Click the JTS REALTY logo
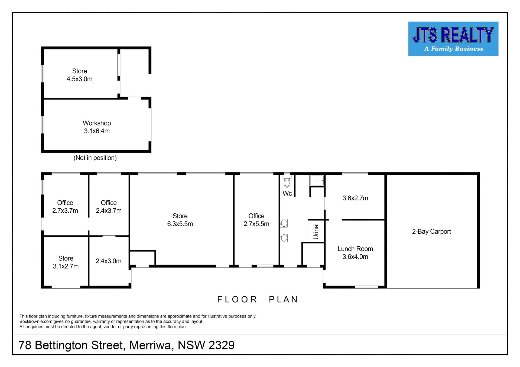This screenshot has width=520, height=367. (x=453, y=39)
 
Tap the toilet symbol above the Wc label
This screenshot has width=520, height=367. (x=287, y=181)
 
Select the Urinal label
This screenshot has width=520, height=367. (x=316, y=231)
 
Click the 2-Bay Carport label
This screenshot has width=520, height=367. (x=431, y=232)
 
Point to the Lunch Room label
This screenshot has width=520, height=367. (x=355, y=249)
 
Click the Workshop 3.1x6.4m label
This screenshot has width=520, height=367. (x=97, y=127)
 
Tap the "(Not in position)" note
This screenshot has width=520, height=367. (x=95, y=158)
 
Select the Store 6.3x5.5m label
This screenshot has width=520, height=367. (x=180, y=220)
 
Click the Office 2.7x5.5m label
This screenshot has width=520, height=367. (x=256, y=220)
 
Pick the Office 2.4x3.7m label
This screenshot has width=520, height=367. (x=109, y=207)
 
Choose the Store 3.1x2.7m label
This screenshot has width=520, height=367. (x=66, y=262)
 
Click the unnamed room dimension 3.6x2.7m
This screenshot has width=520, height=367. (x=355, y=198)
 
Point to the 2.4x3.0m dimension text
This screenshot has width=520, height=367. (x=109, y=261)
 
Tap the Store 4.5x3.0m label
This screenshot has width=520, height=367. (x=80, y=75)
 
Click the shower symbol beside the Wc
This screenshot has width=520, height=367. (x=317, y=180)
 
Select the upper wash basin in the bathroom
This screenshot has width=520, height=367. (x=284, y=223)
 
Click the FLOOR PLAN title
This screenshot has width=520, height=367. (x=258, y=299)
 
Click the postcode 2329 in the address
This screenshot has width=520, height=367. (x=222, y=345)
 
